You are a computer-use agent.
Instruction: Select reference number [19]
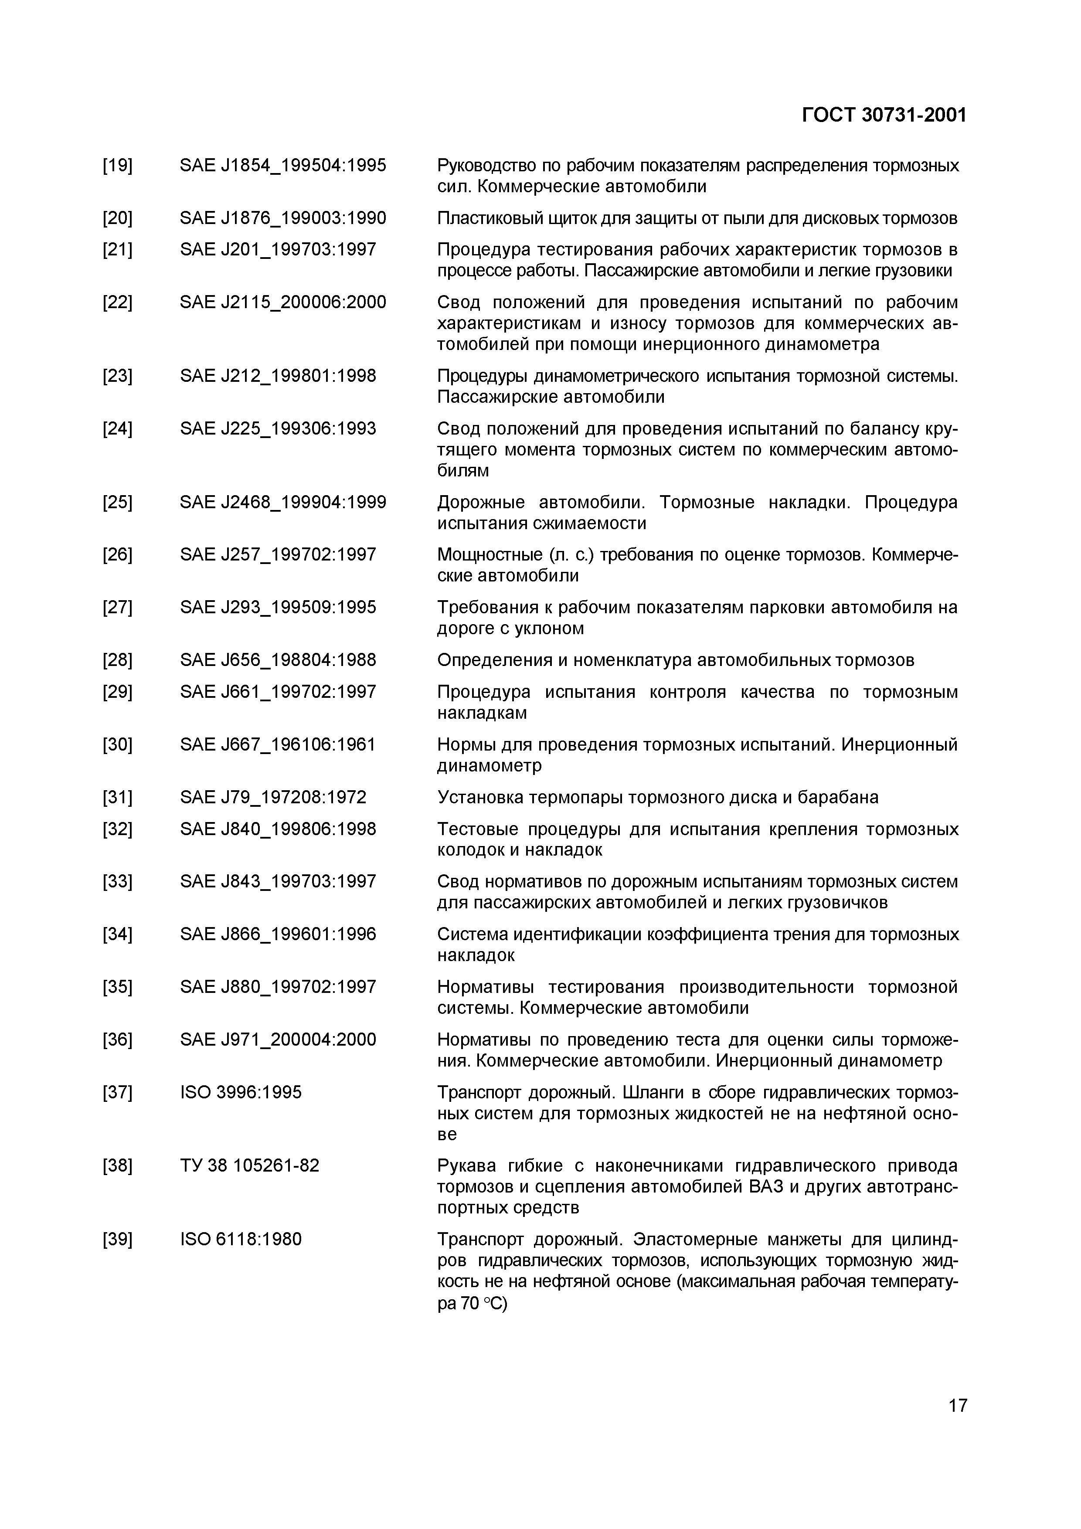[117, 165]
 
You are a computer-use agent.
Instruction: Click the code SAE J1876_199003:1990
[282, 218]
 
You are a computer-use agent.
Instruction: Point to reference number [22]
[117, 302]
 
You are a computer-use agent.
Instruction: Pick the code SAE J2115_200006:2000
[282, 302]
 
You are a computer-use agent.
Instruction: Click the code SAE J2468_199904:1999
[282, 502]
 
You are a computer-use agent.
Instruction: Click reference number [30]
[117, 744]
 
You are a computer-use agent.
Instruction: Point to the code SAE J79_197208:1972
[272, 797]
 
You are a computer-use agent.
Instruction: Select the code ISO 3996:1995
[241, 1092]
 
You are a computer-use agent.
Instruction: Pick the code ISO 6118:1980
[241, 1239]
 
